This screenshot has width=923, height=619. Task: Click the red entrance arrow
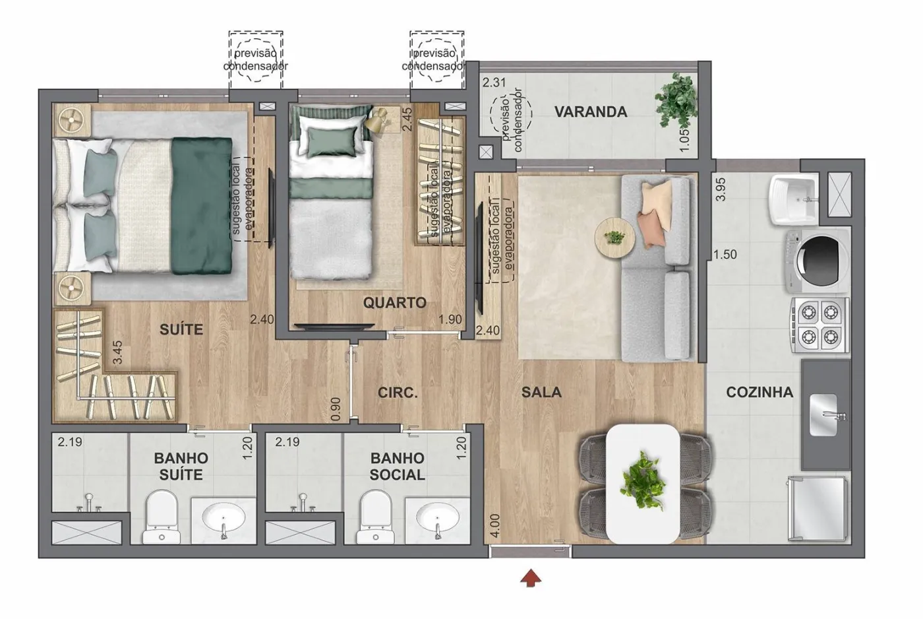click(530, 578)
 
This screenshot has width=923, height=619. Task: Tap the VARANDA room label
click(591, 112)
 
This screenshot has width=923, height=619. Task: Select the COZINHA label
click(759, 392)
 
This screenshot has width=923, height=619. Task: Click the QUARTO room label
click(394, 303)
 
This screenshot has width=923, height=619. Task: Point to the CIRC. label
click(398, 393)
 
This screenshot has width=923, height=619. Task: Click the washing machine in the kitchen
click(818, 261)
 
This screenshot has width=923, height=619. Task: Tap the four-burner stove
click(819, 325)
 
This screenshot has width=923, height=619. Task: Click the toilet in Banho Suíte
click(162, 516)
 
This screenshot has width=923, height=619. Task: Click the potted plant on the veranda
click(676, 100)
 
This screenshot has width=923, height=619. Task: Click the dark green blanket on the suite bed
click(202, 206)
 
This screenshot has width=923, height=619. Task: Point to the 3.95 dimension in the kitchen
click(721, 189)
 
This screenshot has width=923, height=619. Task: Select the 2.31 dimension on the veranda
click(494, 82)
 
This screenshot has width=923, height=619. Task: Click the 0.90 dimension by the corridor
click(336, 410)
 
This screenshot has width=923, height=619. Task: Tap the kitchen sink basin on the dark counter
click(823, 415)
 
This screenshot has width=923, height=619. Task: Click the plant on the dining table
click(642, 480)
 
